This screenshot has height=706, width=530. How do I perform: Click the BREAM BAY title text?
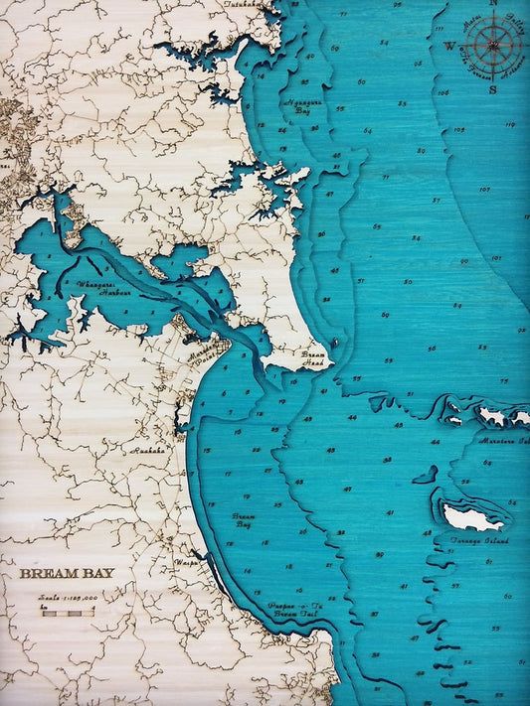coord(66,573)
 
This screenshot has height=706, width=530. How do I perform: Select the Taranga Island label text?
coord(480,541)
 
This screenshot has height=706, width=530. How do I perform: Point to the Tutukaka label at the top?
coord(242,5)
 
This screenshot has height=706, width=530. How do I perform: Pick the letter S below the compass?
coord(493,87)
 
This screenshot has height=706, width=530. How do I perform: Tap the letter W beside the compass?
coord(449,46)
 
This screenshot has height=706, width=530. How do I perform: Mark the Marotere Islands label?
coord(503,439)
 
